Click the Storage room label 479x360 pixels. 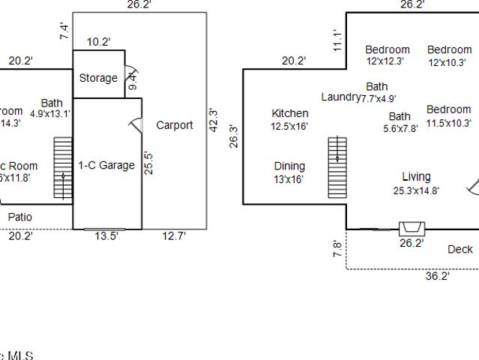click(x=98, y=78)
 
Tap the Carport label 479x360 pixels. click(x=174, y=125)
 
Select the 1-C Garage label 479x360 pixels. click(x=106, y=166)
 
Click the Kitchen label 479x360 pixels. click(x=290, y=113)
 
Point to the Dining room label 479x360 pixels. click(x=289, y=166)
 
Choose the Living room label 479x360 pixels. click(x=416, y=177)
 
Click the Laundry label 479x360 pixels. click(x=340, y=97)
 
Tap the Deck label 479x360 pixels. click(x=460, y=249)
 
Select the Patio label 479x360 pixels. click(x=19, y=217)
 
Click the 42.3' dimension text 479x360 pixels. click(x=214, y=121)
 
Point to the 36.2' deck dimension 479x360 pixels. click(x=437, y=276)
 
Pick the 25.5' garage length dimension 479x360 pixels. click(x=148, y=163)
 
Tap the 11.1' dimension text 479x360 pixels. click(x=338, y=40)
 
